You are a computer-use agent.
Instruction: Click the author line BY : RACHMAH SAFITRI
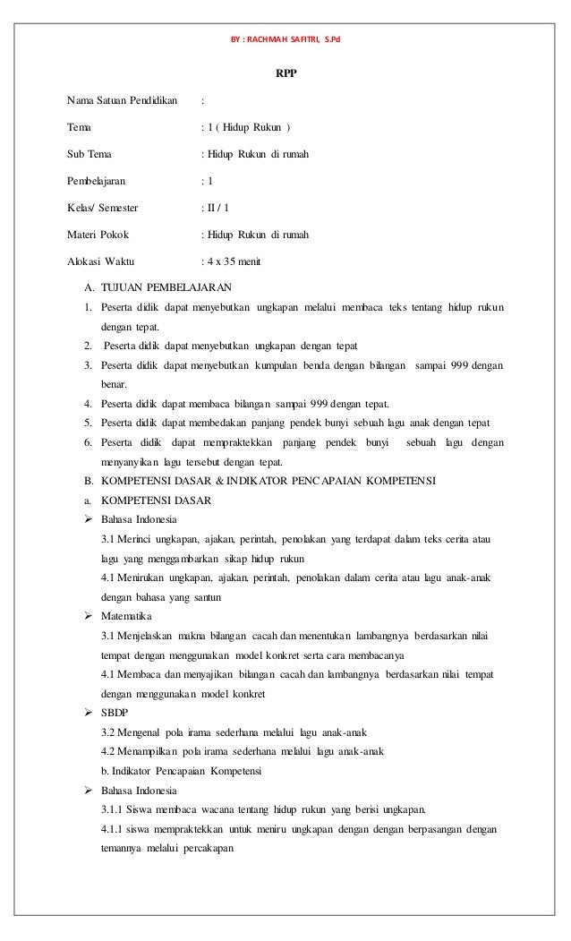point(285,17)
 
